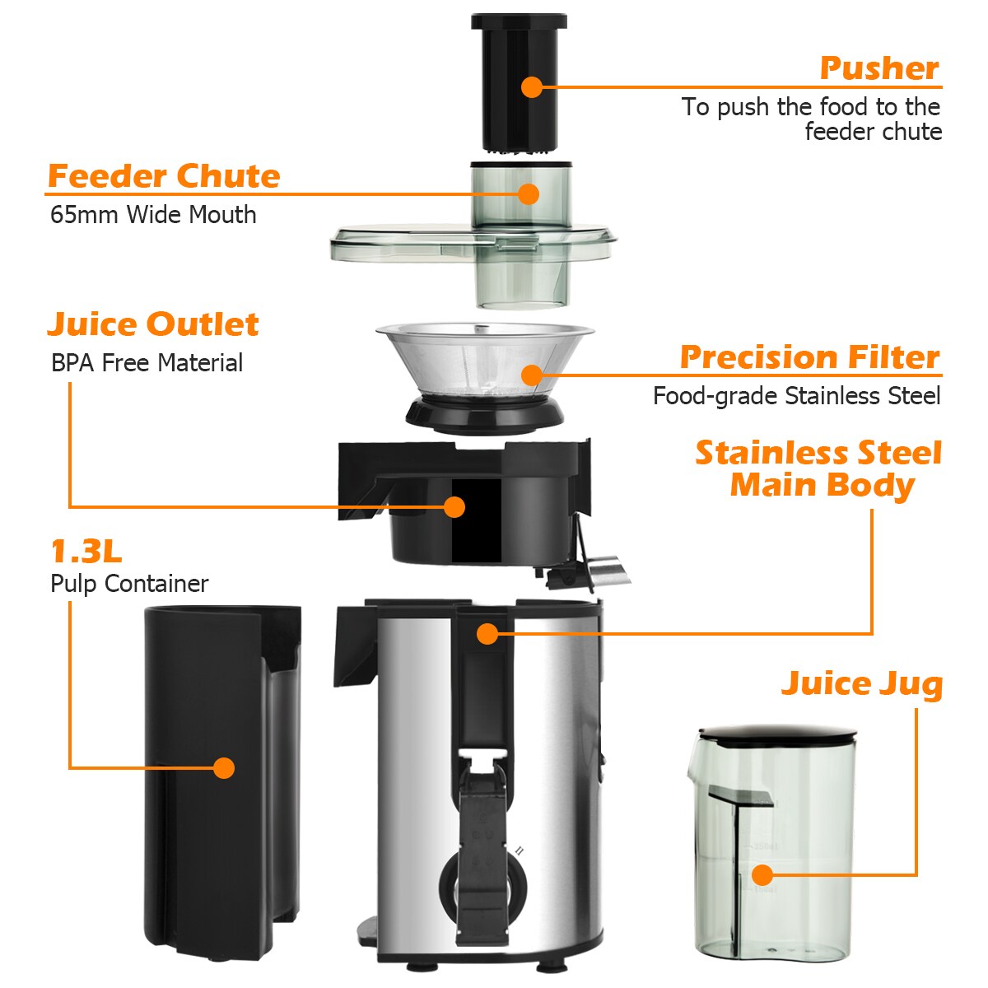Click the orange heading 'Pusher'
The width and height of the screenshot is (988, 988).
[x=878, y=68]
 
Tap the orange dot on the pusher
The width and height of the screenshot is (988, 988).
[x=532, y=86]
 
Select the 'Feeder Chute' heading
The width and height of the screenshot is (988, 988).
[x=164, y=176]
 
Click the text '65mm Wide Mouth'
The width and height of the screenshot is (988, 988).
[x=153, y=215]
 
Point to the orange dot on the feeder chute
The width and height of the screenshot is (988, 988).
[x=529, y=193]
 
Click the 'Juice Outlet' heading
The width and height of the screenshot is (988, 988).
[x=153, y=324]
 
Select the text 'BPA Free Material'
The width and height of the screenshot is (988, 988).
[x=147, y=363]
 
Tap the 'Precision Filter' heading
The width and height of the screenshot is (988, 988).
[x=809, y=357]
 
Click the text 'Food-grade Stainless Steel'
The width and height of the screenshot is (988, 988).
[x=796, y=396]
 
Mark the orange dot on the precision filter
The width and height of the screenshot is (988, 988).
[x=532, y=375]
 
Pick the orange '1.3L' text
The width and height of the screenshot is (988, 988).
[x=86, y=551]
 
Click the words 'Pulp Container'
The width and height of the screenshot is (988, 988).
[x=129, y=584]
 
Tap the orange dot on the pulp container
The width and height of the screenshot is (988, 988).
[x=224, y=767]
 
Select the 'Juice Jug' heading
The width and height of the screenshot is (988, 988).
[x=861, y=683]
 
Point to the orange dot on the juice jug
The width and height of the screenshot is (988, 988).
[x=762, y=874]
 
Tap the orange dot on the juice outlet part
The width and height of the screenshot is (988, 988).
[x=454, y=506]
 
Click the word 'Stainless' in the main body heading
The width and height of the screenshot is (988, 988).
[x=770, y=453]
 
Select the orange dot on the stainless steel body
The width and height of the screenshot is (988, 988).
[x=487, y=633]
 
